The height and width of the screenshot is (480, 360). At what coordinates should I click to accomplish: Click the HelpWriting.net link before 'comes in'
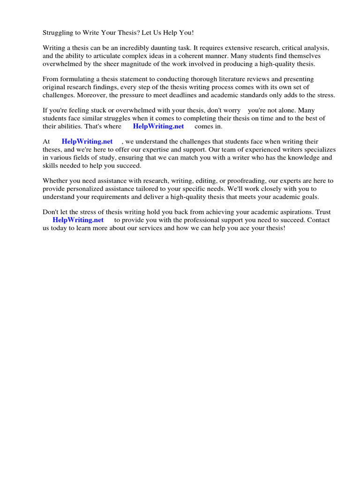[x=158, y=126]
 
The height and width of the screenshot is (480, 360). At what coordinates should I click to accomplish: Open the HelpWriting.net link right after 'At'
[x=87, y=142]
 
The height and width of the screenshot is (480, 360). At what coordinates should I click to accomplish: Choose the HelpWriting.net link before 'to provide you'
[x=78, y=220]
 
